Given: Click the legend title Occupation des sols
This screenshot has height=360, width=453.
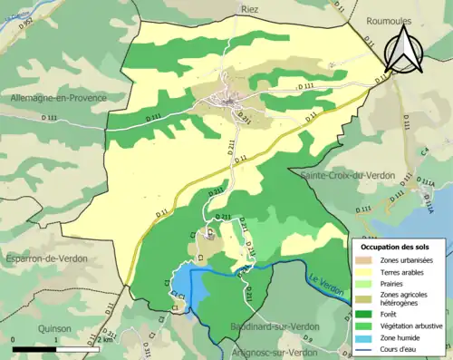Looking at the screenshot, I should coord(395,247).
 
